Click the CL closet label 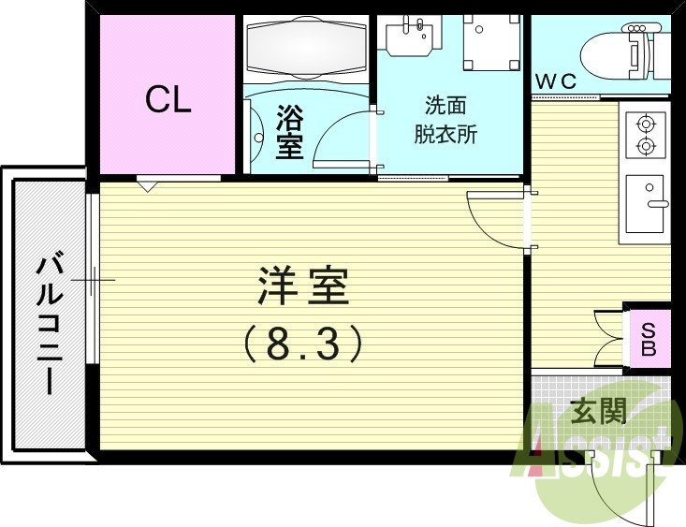tap(168, 100)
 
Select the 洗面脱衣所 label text tap(445, 119)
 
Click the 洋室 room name tap(303, 287)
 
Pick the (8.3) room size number tap(303, 344)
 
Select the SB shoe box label tap(648, 338)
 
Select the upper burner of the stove tap(645, 122)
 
